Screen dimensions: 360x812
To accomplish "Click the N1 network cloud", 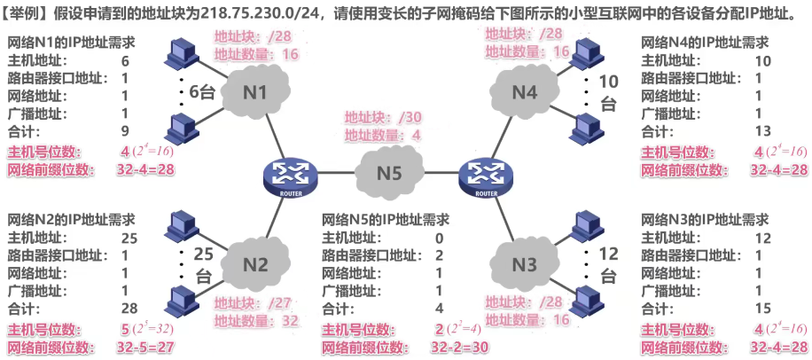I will (258, 92).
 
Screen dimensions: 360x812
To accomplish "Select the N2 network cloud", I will (255, 262).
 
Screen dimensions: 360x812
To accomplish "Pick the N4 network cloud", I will (526, 92).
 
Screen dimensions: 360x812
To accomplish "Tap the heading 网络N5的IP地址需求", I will (385, 219).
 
